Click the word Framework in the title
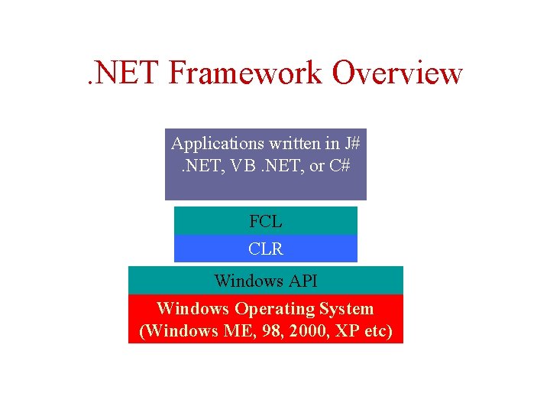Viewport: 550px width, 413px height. click(246, 73)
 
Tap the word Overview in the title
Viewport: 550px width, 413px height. click(397, 73)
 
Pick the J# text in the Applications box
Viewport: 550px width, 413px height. click(352, 143)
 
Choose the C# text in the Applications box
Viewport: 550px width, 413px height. click(341, 164)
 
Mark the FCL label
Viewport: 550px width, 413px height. click(265, 222)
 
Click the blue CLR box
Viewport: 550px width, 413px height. click(265, 249)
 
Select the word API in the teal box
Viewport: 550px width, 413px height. click(302, 281)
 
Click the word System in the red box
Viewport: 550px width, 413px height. click(347, 309)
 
